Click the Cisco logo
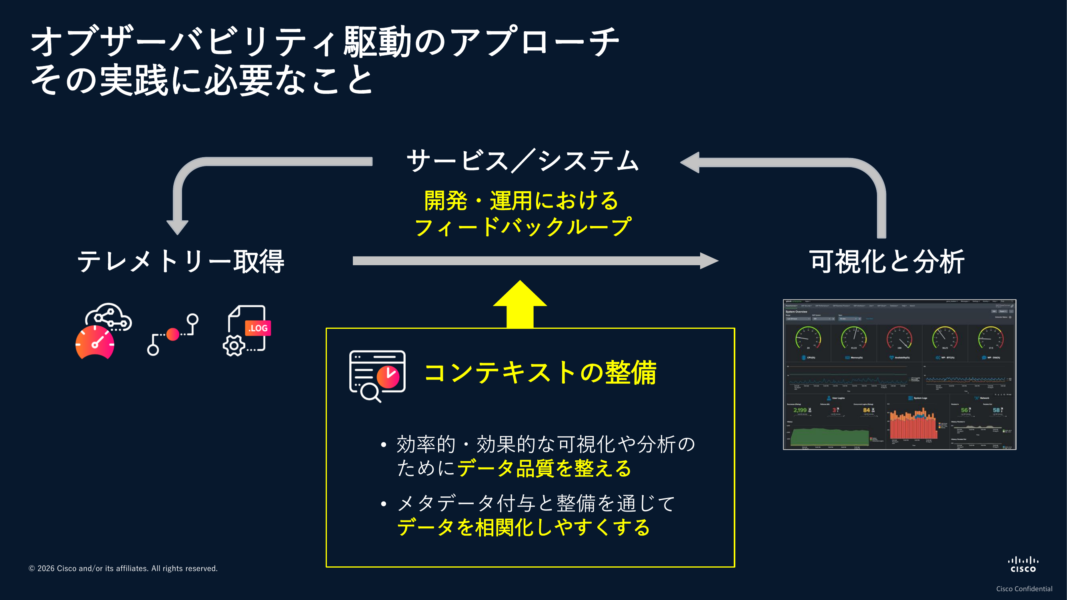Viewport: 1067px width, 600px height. click(x=1023, y=565)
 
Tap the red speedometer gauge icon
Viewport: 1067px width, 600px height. click(x=95, y=342)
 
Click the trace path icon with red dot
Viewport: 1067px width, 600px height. click(x=173, y=334)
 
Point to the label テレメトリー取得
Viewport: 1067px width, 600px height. click(x=181, y=262)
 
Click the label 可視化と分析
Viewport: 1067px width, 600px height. click(x=887, y=262)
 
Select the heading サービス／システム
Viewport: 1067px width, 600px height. click(x=523, y=161)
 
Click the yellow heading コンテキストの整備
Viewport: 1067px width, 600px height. click(x=540, y=372)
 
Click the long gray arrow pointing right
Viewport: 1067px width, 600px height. click(x=535, y=261)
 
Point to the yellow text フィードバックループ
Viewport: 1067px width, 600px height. click(x=523, y=227)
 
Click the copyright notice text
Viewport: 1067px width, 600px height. click(x=123, y=568)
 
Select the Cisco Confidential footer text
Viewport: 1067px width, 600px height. click(x=1024, y=589)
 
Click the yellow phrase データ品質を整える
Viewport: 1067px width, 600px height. click(x=544, y=469)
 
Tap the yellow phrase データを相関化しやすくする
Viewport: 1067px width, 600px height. click(x=524, y=528)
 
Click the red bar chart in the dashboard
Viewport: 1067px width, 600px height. click(x=913, y=426)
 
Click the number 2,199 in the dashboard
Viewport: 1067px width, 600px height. click(x=800, y=410)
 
